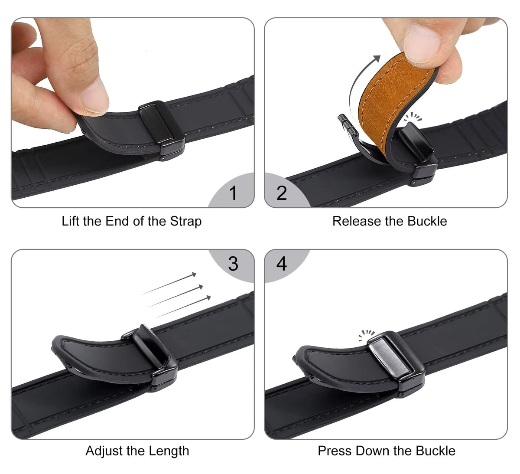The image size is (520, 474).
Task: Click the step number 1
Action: point(233,193)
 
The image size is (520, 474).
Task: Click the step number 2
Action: point(282,193)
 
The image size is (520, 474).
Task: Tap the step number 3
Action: point(233,264)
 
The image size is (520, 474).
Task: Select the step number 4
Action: point(282,264)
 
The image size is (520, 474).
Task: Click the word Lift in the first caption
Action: point(70,221)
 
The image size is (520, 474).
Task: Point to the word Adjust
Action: point(104,451)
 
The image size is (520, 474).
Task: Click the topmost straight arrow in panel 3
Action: point(169,284)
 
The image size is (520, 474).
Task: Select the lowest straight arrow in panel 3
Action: point(183,307)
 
